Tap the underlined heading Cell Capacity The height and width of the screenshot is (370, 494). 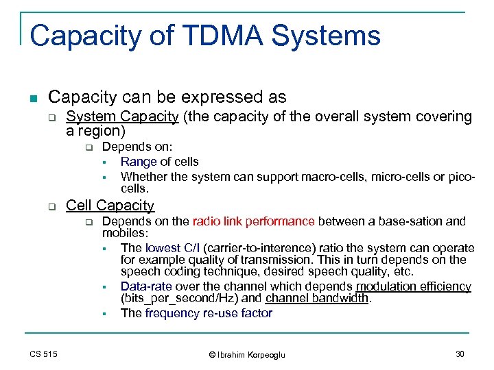(x=110, y=205)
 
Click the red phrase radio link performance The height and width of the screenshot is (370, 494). (x=253, y=221)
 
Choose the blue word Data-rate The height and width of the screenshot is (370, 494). (x=146, y=286)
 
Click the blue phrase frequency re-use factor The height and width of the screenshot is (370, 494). (x=209, y=313)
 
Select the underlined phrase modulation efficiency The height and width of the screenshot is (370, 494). (x=413, y=286)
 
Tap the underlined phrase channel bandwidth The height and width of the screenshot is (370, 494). (x=318, y=299)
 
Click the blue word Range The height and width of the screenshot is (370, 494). (x=139, y=162)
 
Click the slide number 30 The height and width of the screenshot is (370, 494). (x=459, y=354)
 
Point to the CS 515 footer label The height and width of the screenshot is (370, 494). (x=44, y=354)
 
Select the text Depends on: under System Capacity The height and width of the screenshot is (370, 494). (x=137, y=147)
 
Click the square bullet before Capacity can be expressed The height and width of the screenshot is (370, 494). (x=34, y=97)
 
